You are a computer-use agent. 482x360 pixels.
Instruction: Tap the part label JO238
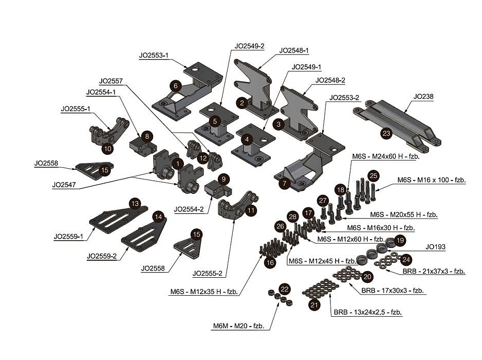(423, 96)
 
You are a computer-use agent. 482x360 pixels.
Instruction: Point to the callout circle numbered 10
(107, 148)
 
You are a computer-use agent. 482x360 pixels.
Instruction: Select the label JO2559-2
(103, 256)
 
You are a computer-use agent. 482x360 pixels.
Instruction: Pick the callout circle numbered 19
(400, 240)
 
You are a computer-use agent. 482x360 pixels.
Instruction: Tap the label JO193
(434, 247)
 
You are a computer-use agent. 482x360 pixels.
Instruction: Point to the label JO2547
(64, 184)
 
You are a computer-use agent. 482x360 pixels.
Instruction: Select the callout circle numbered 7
(284, 183)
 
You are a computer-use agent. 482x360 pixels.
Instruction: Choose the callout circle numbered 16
(270, 262)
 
